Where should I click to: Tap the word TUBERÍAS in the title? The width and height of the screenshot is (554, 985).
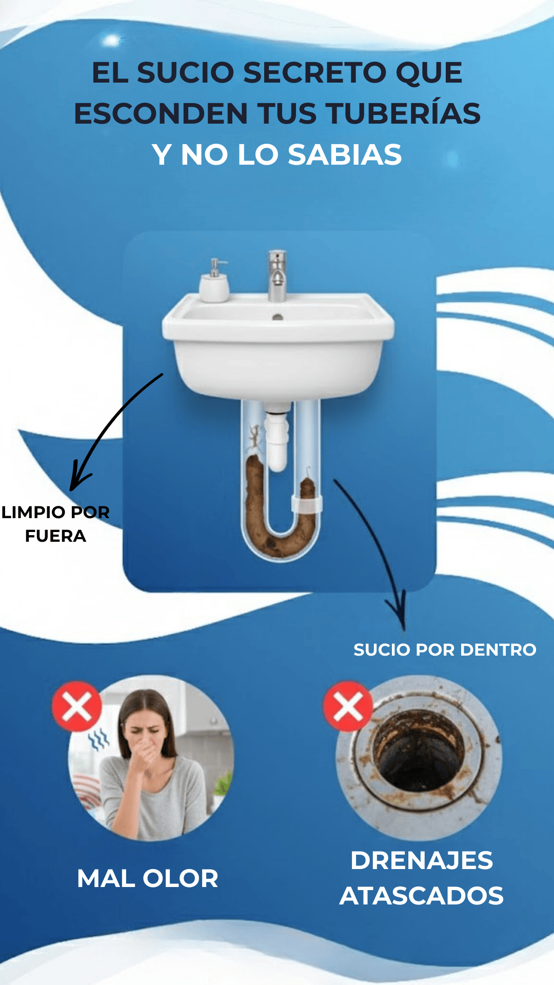click(x=403, y=113)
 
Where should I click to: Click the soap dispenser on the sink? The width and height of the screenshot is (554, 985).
click(x=214, y=281)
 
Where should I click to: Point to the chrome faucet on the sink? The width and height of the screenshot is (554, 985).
click(x=277, y=275)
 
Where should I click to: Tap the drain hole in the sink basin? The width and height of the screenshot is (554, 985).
click(x=278, y=317)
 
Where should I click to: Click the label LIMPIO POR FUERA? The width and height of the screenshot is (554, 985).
click(x=55, y=524)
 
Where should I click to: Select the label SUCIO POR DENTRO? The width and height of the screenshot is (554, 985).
click(x=445, y=649)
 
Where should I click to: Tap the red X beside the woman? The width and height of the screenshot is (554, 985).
click(x=77, y=706)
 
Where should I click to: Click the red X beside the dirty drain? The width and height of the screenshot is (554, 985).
click(x=348, y=706)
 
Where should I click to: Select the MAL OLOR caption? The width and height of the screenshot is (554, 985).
click(x=148, y=878)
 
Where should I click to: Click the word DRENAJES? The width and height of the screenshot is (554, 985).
click(x=422, y=861)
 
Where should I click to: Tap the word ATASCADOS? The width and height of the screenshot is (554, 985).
click(x=422, y=896)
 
